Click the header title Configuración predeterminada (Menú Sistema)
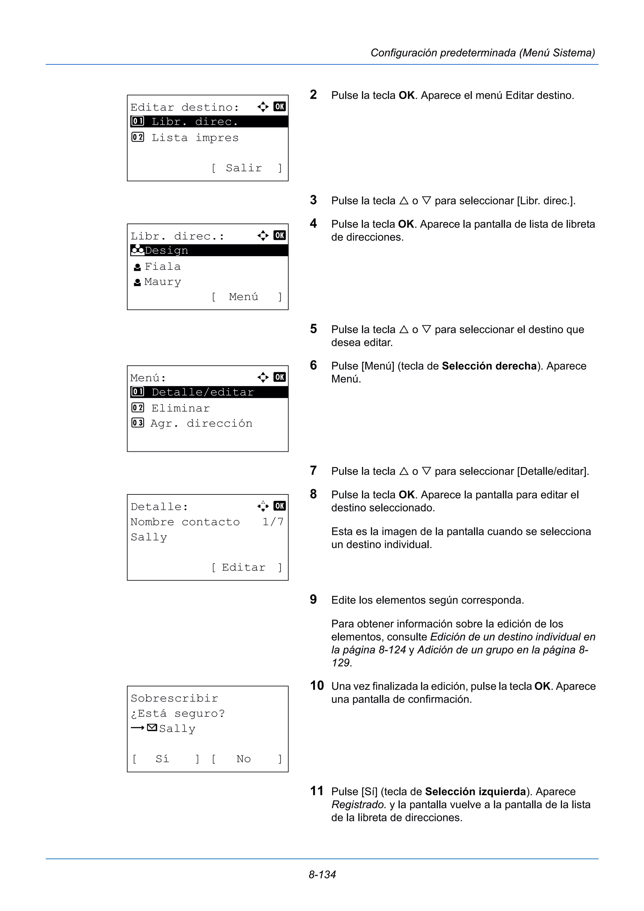(482, 53)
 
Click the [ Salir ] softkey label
(246, 168)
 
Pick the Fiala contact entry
(162, 266)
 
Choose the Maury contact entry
(162, 282)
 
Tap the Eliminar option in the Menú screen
(180, 408)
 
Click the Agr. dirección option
(201, 423)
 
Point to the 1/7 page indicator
(273, 522)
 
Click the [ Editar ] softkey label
(246, 567)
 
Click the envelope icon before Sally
(152, 728)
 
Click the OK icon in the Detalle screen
(279, 506)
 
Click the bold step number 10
(317, 686)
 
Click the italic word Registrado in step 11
(358, 805)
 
